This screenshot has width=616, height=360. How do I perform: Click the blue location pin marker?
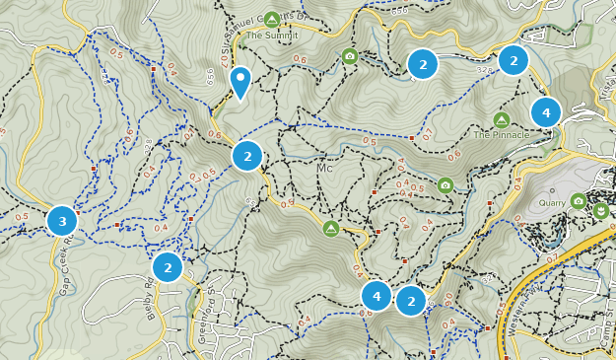tap(240, 81)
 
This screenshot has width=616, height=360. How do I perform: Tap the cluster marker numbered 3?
tap(62, 221)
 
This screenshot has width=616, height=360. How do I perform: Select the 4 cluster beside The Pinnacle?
tap(546, 112)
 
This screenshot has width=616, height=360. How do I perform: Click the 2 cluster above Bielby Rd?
tap(168, 266)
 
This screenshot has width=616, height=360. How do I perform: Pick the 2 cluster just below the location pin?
tap(247, 156)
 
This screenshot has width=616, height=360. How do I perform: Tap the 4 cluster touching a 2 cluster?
tap(376, 296)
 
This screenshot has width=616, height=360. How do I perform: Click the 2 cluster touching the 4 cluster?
tap(411, 301)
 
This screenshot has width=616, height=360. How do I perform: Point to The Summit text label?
tap(270, 36)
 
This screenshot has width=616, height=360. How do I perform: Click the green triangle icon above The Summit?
tap(271, 19)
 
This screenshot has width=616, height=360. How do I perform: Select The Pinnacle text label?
tap(501, 135)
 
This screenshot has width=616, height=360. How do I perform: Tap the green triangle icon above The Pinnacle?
tap(501, 119)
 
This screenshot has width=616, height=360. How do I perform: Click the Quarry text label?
tap(553, 203)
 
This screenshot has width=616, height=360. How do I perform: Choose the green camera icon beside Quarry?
tap(579, 201)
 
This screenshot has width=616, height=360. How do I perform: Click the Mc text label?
tap(325, 169)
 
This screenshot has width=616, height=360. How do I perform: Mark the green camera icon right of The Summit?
tap(350, 56)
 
